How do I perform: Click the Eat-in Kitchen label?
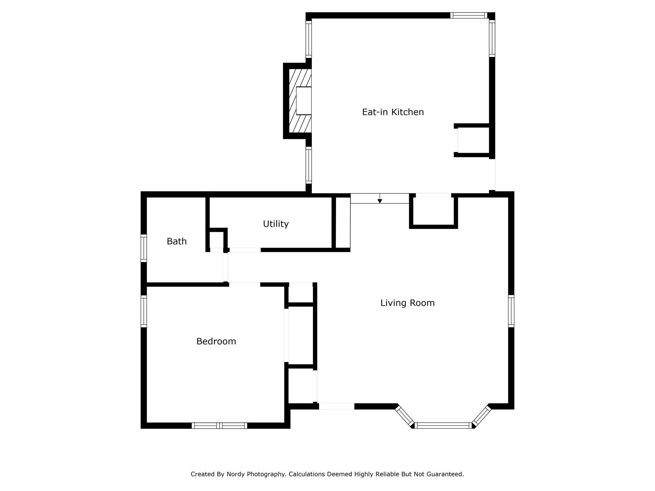[393, 112]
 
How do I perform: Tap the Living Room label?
[407, 303]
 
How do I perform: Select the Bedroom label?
[216, 341]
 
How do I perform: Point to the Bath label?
[177, 241]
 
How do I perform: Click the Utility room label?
[276, 224]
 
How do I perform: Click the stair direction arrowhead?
[380, 201]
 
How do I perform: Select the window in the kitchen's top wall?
[469, 15]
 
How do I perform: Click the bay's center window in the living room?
[443, 426]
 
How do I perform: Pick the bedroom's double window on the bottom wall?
[219, 426]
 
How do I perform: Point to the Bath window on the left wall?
[144, 248]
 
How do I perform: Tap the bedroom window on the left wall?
[144, 311]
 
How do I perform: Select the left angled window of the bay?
[404, 416]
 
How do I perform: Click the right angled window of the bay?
[481, 416]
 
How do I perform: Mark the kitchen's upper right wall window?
[492, 38]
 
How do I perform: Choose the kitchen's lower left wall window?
[309, 165]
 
